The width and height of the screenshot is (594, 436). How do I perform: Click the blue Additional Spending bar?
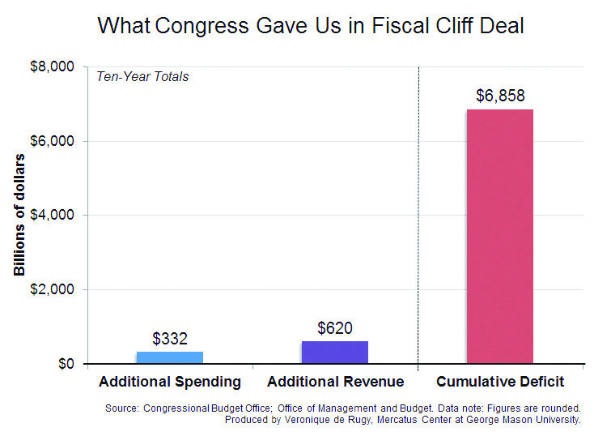[169, 357]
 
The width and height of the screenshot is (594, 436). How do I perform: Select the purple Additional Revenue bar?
[334, 353]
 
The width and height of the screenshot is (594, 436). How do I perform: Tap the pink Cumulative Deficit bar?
[499, 237]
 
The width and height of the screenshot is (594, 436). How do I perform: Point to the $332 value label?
[169, 339]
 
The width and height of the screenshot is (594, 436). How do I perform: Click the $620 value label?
[334, 328]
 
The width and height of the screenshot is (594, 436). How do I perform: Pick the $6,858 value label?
[499, 96]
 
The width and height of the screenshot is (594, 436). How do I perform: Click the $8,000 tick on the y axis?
[53, 66]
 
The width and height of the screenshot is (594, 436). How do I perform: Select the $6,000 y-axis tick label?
[53, 141]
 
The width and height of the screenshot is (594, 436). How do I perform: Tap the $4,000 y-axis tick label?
[53, 216]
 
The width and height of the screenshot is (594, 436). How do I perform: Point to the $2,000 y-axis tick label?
[53, 290]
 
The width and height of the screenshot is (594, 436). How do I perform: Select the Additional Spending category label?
[169, 382]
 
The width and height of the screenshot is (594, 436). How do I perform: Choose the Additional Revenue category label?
[335, 382]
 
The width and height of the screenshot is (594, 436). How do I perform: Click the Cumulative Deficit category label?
[499, 382]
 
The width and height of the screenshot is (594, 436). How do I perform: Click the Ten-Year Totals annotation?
[142, 77]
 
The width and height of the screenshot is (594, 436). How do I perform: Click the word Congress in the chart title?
[193, 27]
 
